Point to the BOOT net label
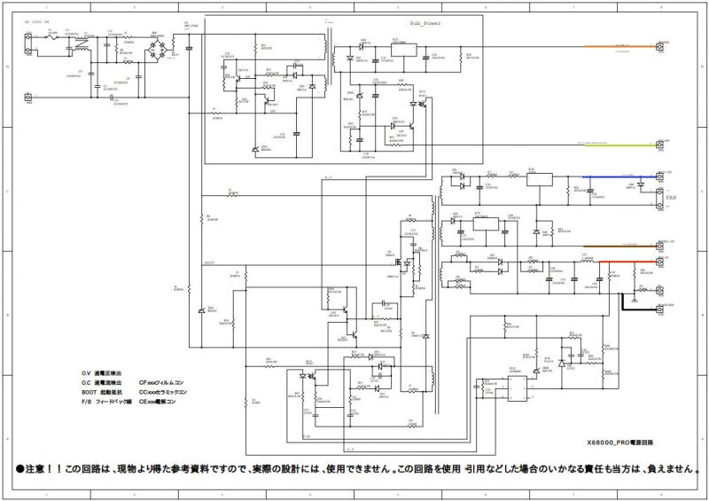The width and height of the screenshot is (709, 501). (209, 263)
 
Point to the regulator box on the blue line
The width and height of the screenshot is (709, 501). (540, 177)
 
